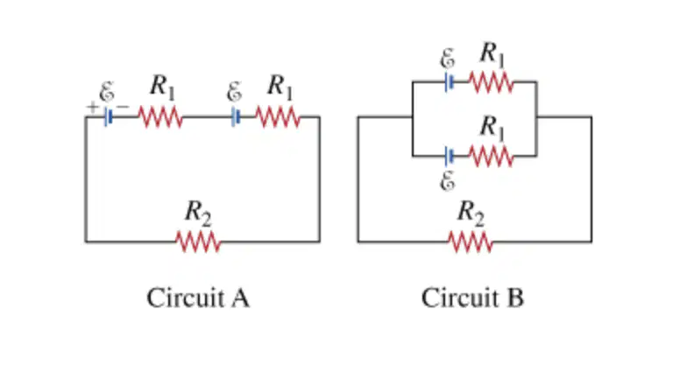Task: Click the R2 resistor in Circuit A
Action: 198,242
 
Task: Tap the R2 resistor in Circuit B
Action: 471,242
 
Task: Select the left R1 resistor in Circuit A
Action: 160,117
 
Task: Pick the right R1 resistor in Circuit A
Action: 278,117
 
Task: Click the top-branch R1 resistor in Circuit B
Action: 491,82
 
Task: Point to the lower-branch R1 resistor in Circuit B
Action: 491,156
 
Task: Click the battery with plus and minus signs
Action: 108,116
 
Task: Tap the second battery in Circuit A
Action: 235,116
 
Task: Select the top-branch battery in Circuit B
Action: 449,82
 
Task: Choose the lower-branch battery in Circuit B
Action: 449,156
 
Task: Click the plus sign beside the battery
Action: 92,107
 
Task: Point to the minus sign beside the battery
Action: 123,106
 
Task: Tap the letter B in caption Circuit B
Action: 515,298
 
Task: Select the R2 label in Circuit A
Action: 198,213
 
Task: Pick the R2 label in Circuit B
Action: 471,213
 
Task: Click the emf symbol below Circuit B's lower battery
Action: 448,180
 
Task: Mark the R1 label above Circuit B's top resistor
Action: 492,54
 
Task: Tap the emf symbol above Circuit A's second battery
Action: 234,92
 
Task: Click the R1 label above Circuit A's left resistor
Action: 163,87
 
